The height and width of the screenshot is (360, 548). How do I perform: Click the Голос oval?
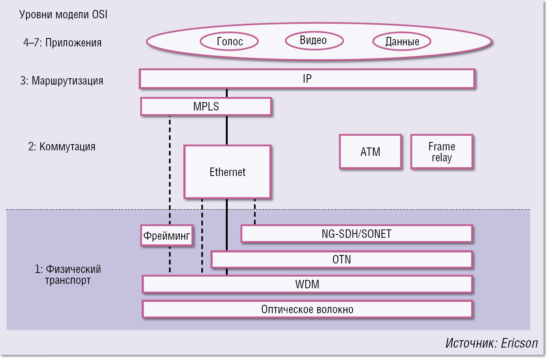coord(230,41)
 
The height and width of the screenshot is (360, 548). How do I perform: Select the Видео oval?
coord(314,40)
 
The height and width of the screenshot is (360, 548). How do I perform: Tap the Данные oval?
coord(402,41)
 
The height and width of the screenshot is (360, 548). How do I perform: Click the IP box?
coord(307,79)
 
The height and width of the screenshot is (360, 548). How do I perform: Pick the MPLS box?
coord(206,106)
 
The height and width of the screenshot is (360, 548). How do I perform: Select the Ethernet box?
coord(227,172)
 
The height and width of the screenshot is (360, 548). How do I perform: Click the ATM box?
coord(370,152)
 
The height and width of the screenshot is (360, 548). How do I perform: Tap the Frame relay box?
coord(442,152)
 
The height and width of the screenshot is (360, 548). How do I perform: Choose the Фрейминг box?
coord(167,236)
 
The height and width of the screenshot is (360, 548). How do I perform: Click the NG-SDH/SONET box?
coord(357,234)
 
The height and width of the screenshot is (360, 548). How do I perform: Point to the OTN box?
coord(341,259)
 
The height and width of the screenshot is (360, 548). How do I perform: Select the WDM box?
coord(307,284)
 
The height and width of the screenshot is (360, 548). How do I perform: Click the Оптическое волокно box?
coord(307,310)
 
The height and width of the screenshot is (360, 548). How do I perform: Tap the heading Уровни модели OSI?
coord(63,15)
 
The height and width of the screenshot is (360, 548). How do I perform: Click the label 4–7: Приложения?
coord(62,43)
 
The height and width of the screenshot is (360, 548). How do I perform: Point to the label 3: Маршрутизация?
coord(61,80)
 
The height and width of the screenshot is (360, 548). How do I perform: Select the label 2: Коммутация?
coord(61,147)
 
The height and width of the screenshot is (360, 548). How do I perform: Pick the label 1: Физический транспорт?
coord(68,275)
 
